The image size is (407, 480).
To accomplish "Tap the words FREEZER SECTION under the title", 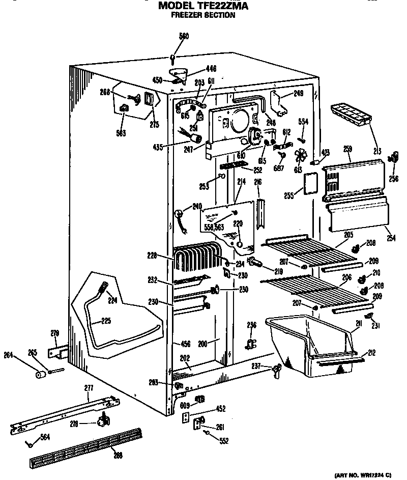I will (202, 15).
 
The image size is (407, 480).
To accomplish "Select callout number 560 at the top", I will (173, 36).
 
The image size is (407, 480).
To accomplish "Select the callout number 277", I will (89, 388).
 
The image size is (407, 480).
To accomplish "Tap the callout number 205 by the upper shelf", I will (348, 235).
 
